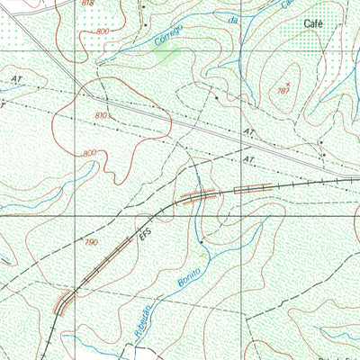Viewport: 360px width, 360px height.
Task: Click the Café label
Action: click(x=313, y=23)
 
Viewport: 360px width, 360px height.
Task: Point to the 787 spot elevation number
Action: click(x=283, y=92)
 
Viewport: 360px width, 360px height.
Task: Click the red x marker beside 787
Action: click(x=287, y=83)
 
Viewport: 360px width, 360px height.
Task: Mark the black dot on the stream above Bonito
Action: click(x=201, y=240)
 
